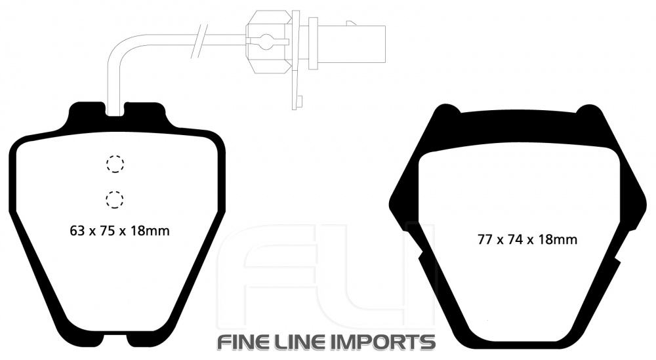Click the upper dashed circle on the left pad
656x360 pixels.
tap(115, 163)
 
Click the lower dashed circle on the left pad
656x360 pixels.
tap(115, 199)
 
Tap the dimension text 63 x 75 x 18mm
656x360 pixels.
tap(119, 230)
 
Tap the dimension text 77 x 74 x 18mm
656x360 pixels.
tap(527, 239)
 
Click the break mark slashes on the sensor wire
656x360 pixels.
tap(199, 41)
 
